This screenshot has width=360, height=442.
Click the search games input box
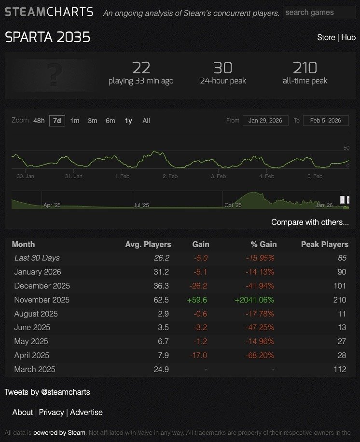click(319, 13)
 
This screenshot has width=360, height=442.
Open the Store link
click(326, 37)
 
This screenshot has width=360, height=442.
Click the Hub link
click(348, 37)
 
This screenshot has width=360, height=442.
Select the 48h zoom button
click(39, 121)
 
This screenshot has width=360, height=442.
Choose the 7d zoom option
click(57, 121)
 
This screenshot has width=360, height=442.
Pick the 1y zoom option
click(128, 121)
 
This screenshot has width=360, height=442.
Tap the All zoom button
click(146, 121)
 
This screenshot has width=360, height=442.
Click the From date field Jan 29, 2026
click(265, 121)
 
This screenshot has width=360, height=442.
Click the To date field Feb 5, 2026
click(326, 121)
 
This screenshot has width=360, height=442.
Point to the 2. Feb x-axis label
click(170, 176)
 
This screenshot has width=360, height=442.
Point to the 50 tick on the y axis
click(346, 148)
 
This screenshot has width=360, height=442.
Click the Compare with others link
click(310, 222)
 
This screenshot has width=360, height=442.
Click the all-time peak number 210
click(305, 68)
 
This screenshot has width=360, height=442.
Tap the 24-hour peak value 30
click(222, 68)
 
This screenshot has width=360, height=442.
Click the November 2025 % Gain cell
click(254, 300)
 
